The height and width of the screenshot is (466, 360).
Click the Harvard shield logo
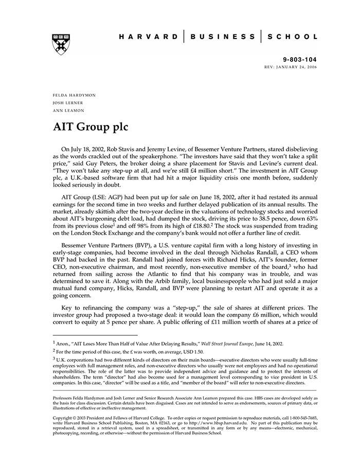pyautogui.click(x=61, y=44)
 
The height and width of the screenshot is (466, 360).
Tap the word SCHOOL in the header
pyautogui.click(x=295, y=37)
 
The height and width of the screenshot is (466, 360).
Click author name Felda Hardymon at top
pyautogui.click(x=74, y=96)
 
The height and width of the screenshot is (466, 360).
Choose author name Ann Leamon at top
pyautogui.click(x=68, y=110)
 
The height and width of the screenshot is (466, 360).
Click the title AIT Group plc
pyautogui.click(x=91, y=127)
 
